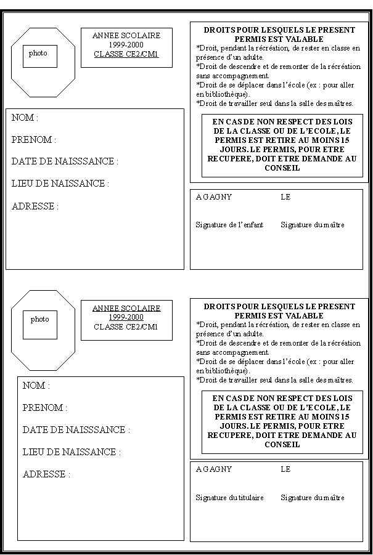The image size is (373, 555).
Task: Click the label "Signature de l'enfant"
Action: (x=229, y=225)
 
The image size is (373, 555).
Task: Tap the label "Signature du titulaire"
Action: (x=229, y=498)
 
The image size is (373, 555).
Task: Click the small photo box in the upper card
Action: (x=40, y=56)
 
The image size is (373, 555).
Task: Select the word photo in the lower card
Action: (x=39, y=320)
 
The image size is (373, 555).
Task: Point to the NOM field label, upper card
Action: (x=25, y=118)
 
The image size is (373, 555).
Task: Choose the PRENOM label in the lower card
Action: (x=45, y=408)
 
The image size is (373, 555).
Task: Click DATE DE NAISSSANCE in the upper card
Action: (x=65, y=161)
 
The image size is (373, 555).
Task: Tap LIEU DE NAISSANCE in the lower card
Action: (x=72, y=452)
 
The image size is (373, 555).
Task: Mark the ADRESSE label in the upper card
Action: (x=35, y=206)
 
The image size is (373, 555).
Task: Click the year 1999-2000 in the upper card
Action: (x=126, y=45)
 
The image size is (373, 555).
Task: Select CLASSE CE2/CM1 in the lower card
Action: (x=126, y=327)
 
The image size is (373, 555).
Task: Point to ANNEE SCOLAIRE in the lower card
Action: (x=126, y=308)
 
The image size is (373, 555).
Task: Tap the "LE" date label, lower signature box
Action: (x=285, y=469)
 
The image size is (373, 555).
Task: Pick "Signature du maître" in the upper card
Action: (x=313, y=225)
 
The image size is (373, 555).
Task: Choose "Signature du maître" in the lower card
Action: (x=313, y=498)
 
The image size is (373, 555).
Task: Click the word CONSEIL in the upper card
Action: (x=282, y=168)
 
